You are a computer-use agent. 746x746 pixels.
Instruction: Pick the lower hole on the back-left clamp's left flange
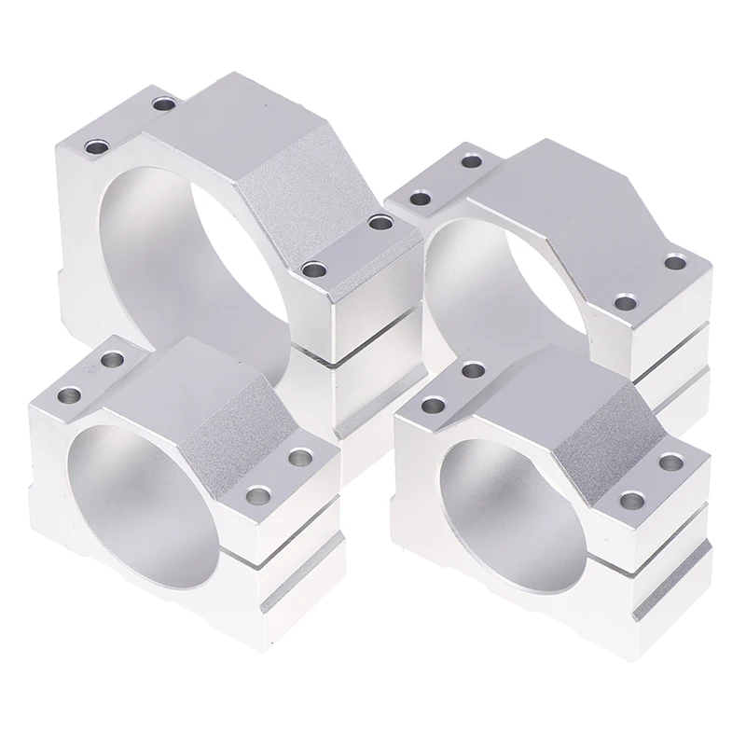[97, 146]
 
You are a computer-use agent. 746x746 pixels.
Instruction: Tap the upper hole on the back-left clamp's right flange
[378, 222]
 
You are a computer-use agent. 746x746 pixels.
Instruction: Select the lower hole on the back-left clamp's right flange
[316, 269]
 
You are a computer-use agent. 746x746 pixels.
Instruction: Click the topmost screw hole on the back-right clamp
[472, 162]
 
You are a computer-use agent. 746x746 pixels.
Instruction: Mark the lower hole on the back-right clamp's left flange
[421, 198]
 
